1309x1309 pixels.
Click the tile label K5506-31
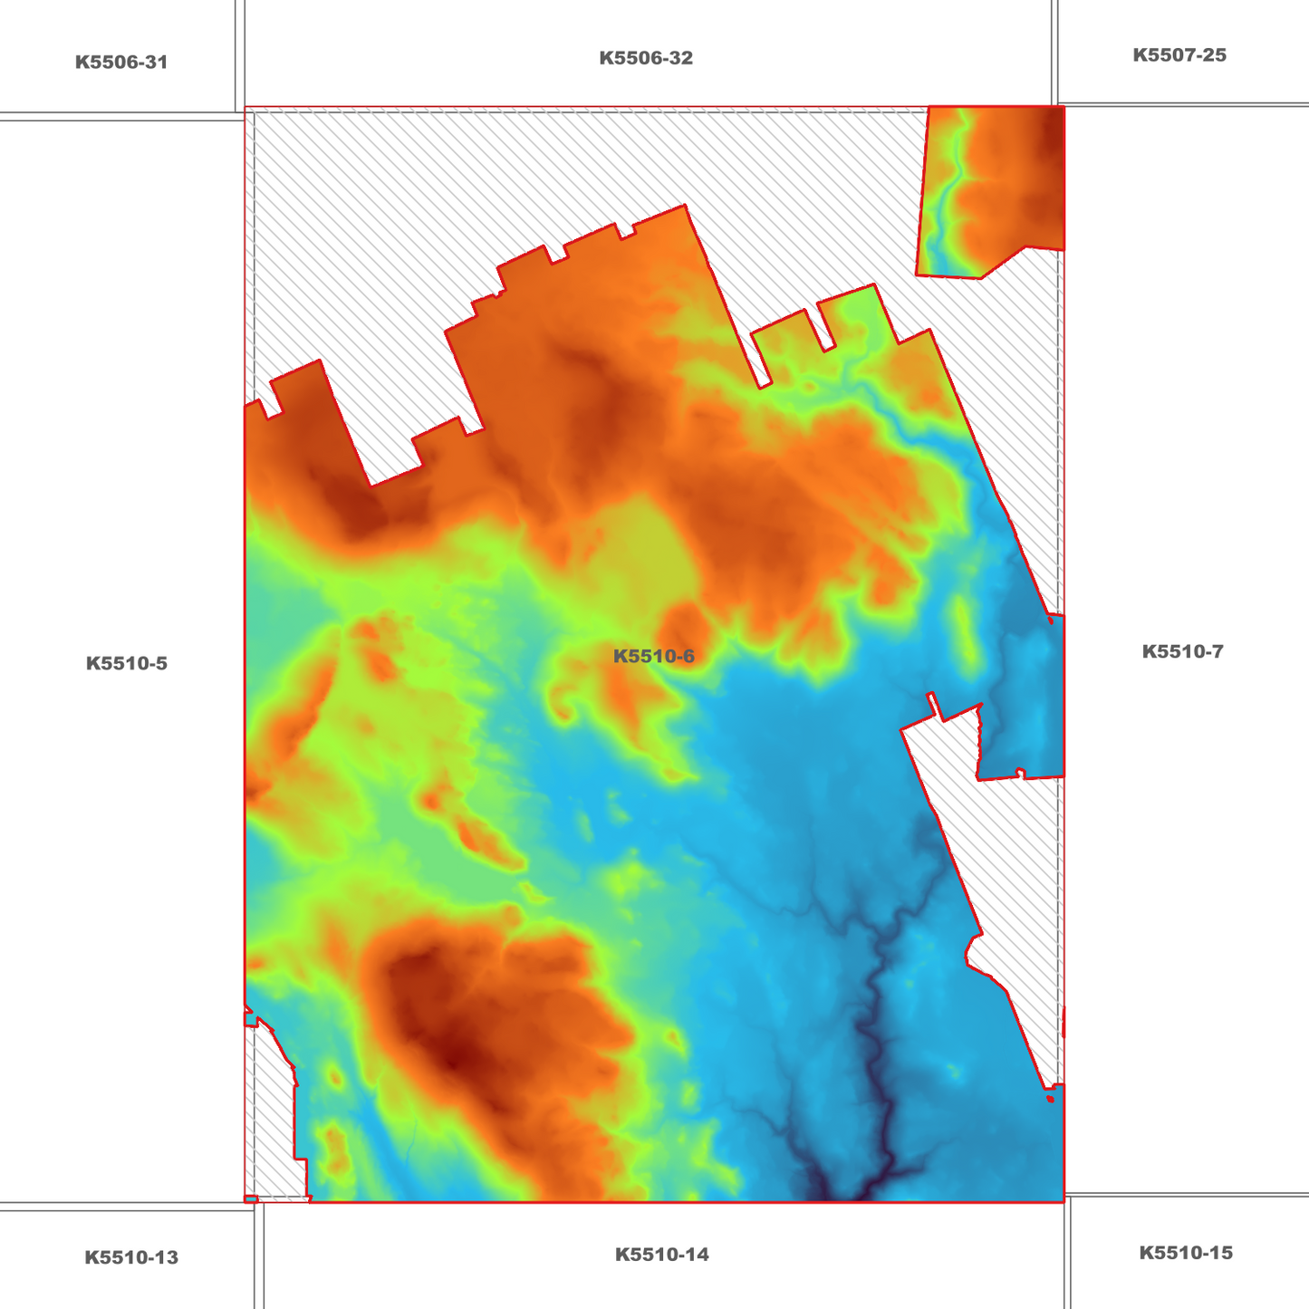tap(121, 63)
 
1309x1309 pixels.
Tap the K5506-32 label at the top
tap(646, 58)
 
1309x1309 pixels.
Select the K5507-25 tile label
tap(1179, 55)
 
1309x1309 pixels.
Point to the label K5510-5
tap(127, 663)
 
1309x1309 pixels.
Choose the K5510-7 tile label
tap(1182, 651)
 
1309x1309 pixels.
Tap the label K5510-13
tap(131, 1257)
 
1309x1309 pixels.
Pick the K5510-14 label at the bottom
tap(662, 1255)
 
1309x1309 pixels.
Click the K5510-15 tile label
tap(1186, 1253)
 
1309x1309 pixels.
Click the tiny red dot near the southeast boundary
tap(1050, 1099)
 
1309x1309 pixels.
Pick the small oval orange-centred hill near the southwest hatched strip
tap(336, 1078)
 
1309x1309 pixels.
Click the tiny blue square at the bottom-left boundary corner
tap(251, 1199)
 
